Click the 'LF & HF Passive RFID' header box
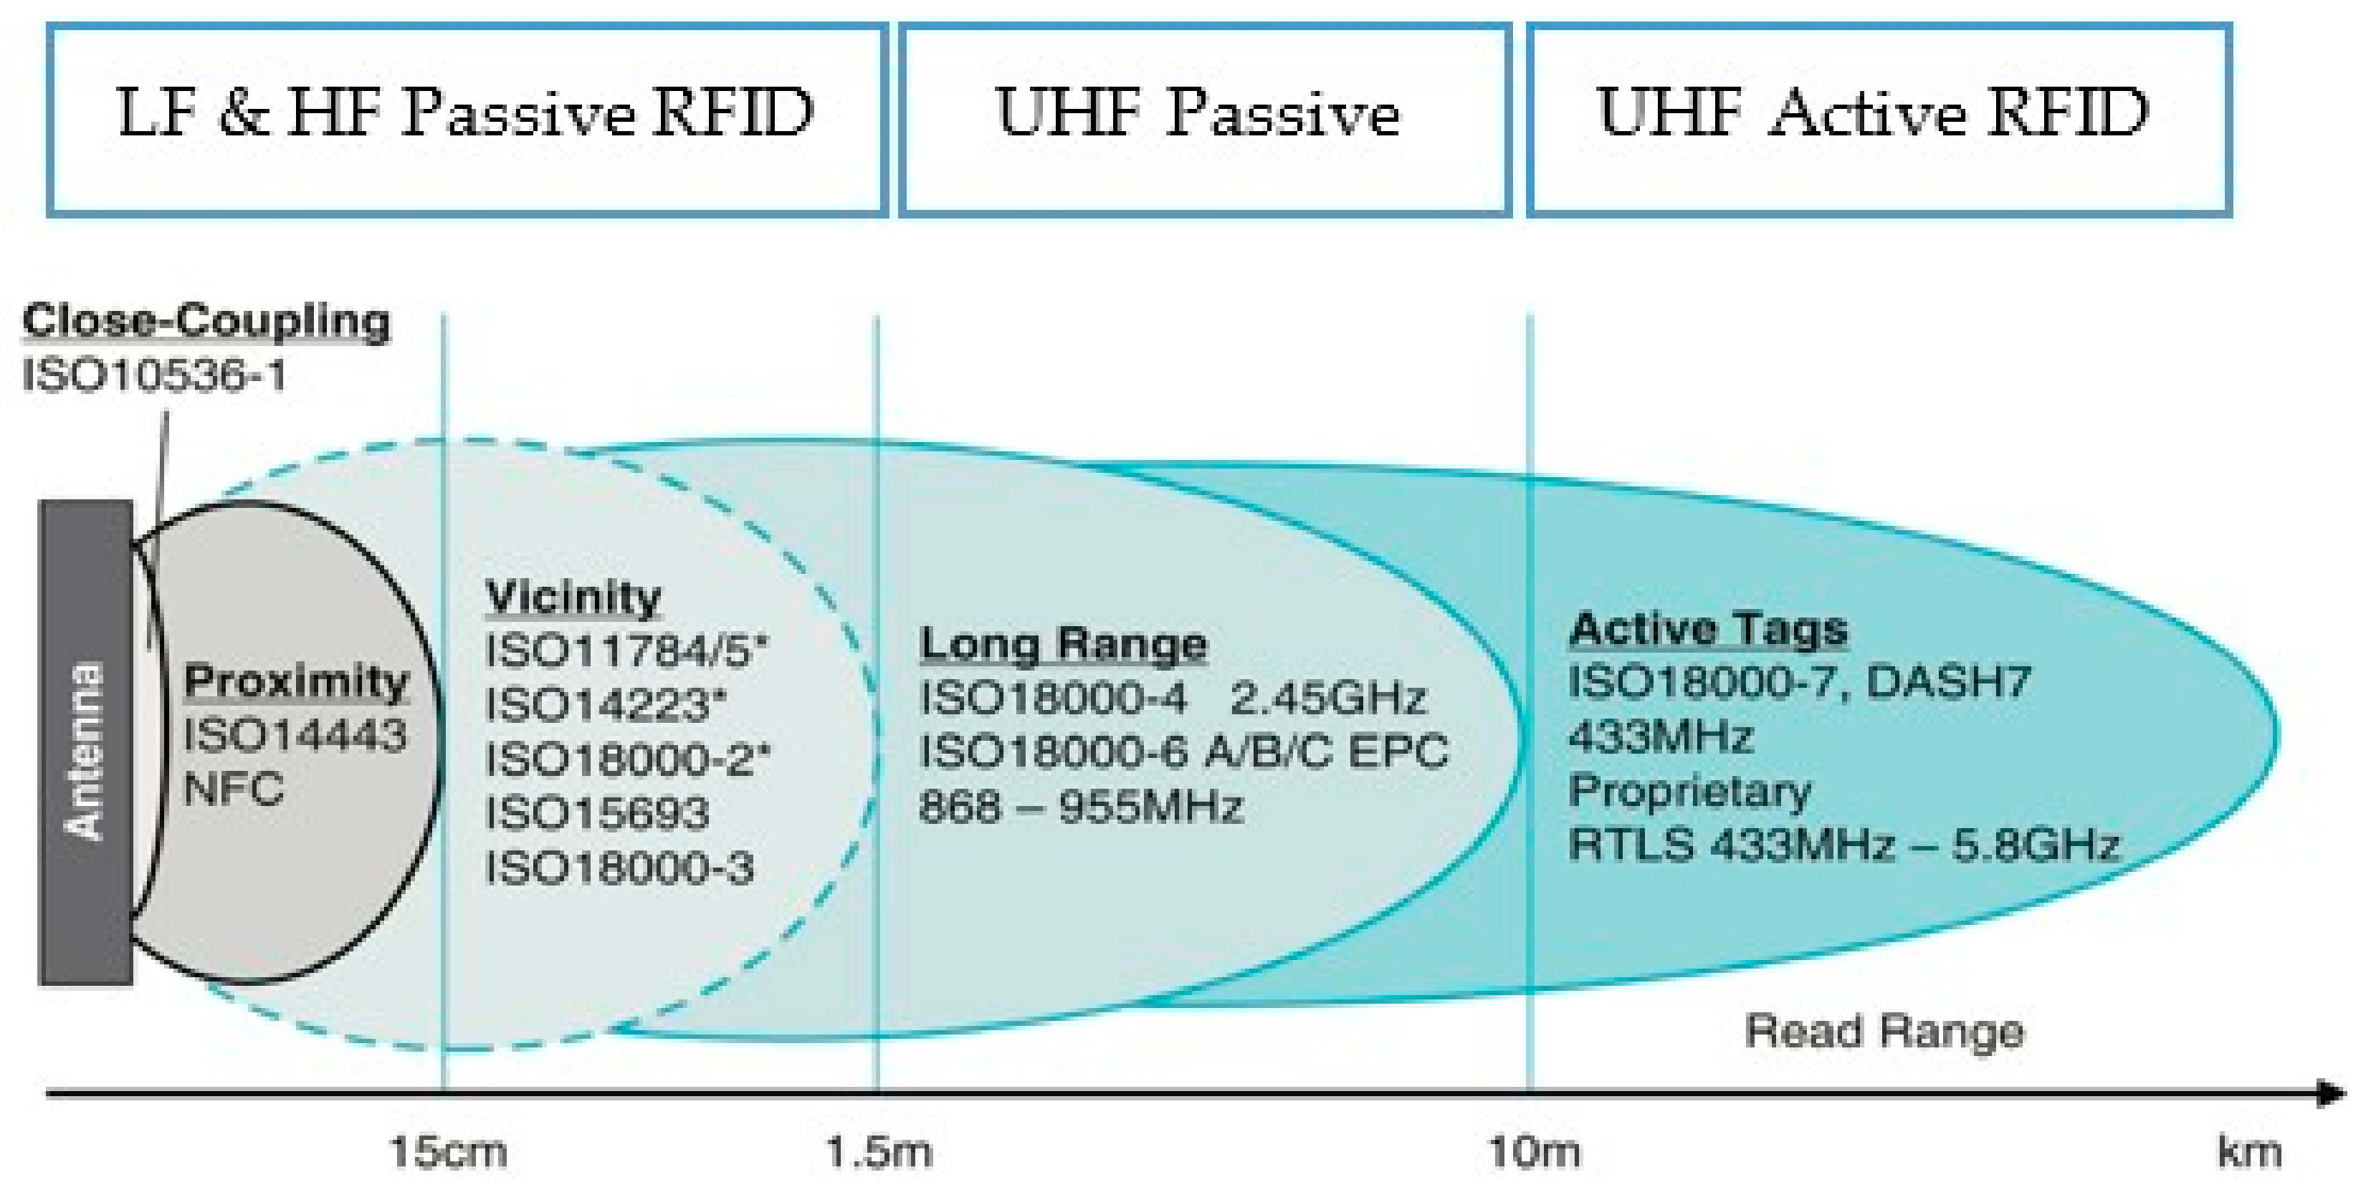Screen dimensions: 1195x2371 click(467, 120)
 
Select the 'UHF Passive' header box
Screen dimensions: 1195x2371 click(1204, 120)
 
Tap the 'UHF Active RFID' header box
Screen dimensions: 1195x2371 click(1878, 120)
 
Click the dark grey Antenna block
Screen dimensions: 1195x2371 click(85, 742)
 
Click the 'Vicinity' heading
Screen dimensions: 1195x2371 click(573, 598)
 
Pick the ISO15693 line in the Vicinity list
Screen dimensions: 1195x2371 click(597, 813)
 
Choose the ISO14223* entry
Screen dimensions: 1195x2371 click(606, 706)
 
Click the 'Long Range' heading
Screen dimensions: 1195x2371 click(1063, 644)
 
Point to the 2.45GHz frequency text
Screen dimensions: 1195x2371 click(1327, 699)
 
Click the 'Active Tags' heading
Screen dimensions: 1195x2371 click(1707, 629)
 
